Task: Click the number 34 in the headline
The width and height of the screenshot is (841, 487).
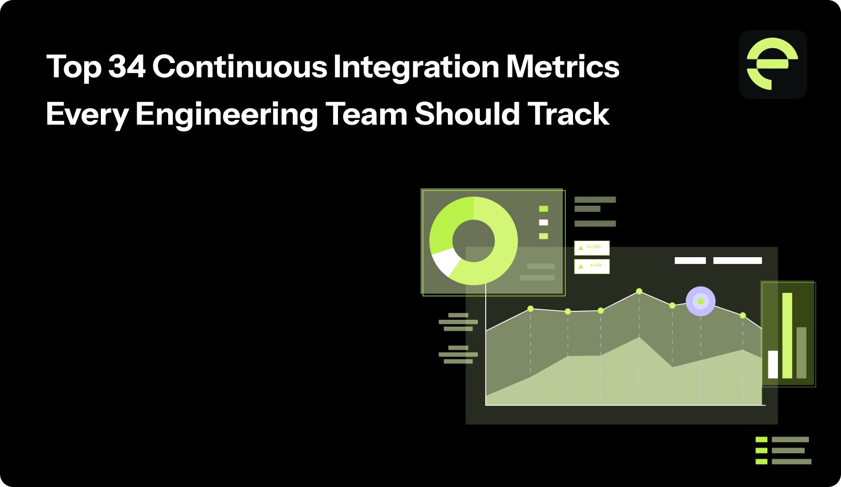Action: [127, 67]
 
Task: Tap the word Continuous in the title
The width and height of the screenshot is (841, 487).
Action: [240, 67]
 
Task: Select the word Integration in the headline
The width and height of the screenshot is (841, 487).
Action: [416, 67]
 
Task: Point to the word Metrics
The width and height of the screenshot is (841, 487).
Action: [563, 67]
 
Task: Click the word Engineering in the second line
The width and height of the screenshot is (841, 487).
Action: [227, 115]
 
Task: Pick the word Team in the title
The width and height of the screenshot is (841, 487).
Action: [366, 114]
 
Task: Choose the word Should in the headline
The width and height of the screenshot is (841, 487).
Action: [467, 114]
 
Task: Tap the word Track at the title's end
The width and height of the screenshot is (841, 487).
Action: [568, 114]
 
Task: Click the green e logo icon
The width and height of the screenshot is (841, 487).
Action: [773, 64]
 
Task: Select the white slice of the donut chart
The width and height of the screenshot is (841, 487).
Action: [445, 260]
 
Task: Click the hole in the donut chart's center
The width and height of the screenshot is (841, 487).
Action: [473, 241]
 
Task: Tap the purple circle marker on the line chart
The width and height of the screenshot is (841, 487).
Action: [701, 301]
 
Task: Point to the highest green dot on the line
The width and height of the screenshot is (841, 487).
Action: [639, 291]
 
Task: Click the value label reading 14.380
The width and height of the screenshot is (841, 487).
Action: [592, 247]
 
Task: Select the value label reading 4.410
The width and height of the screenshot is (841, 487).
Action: [592, 266]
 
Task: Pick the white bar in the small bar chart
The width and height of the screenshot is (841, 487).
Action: [773, 364]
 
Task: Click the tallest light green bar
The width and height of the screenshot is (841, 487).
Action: [787, 336]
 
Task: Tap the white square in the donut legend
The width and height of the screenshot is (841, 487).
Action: [543, 222]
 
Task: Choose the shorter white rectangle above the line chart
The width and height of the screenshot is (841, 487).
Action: [690, 260]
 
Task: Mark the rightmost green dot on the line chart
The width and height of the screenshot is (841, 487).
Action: [743, 316]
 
